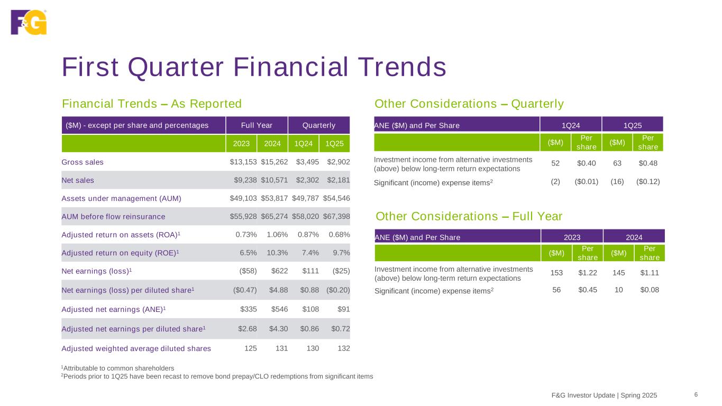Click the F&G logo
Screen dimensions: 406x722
tap(29, 22)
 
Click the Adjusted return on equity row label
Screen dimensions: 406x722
tap(120, 253)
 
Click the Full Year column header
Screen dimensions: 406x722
tap(257, 125)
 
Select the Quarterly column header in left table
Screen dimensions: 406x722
tap(319, 125)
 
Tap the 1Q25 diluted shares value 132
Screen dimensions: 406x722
tap(343, 348)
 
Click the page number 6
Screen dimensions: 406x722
tap(696, 394)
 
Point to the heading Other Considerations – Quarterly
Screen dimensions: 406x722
tap(469, 104)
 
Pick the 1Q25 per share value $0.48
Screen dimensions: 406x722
tap(648, 164)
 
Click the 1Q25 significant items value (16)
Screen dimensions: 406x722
tap(617, 181)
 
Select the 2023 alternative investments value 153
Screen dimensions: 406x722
tap(556, 273)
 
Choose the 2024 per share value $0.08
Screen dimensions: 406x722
tap(649, 290)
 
